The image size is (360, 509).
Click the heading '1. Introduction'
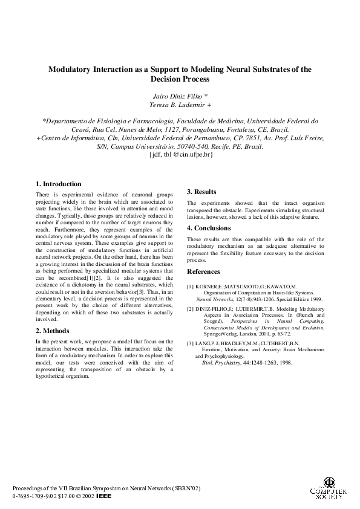pos(58,184)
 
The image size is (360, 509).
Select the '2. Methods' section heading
pos(53,331)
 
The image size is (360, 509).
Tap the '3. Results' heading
pos(201,192)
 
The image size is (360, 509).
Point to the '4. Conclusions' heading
pos(209,228)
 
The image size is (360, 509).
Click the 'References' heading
pos(203,272)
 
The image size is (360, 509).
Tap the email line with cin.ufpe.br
pos(180,155)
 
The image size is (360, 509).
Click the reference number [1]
pos(191,286)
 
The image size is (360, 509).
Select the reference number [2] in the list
pos(191,308)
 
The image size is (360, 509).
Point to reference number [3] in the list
pos(191,343)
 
